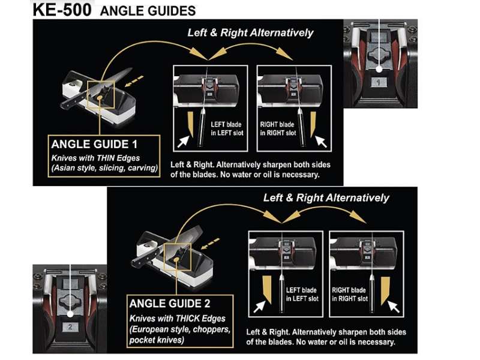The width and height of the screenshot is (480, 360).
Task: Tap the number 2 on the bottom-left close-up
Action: [70, 326]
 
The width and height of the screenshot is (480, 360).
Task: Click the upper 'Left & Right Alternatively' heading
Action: [250, 32]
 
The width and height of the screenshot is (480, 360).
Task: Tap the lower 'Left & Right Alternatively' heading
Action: [326, 197]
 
